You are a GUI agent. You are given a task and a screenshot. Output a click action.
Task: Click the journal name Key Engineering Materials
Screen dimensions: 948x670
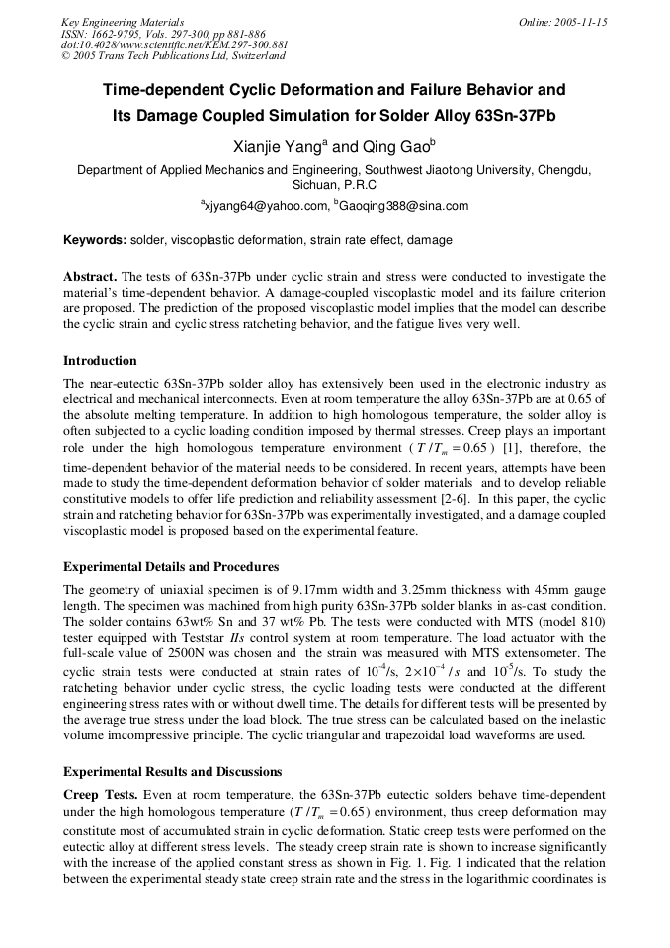tap(123, 22)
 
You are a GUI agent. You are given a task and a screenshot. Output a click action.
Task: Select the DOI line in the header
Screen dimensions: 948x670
tap(175, 45)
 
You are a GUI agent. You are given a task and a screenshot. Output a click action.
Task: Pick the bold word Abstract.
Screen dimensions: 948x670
tap(89, 277)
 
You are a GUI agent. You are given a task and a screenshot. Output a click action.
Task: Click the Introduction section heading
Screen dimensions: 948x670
tap(100, 361)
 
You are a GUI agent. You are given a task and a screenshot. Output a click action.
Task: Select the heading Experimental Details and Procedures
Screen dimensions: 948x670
tap(171, 567)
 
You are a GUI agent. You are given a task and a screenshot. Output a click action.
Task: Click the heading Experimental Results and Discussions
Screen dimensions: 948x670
tap(172, 772)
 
